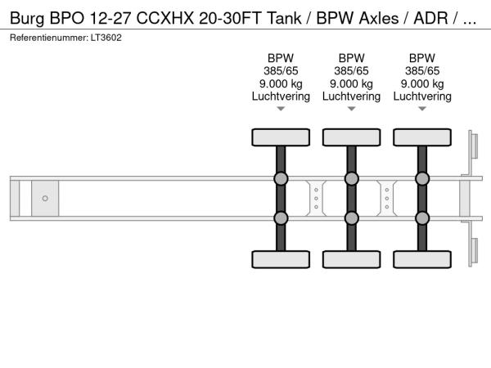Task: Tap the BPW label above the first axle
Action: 281,58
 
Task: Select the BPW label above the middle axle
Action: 351,58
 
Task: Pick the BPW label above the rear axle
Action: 422,58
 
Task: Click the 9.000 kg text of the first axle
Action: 281,83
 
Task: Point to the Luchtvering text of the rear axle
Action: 422,96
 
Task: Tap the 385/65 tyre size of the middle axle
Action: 351,70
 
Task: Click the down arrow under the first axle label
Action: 281,109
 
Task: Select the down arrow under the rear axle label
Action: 422,109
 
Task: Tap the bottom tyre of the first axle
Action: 281,259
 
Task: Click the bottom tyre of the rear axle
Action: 422,259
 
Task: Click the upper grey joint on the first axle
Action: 281,179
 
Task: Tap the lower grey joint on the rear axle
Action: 422,218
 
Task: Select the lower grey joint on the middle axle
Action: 351,218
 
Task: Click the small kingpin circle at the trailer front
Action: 45,198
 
